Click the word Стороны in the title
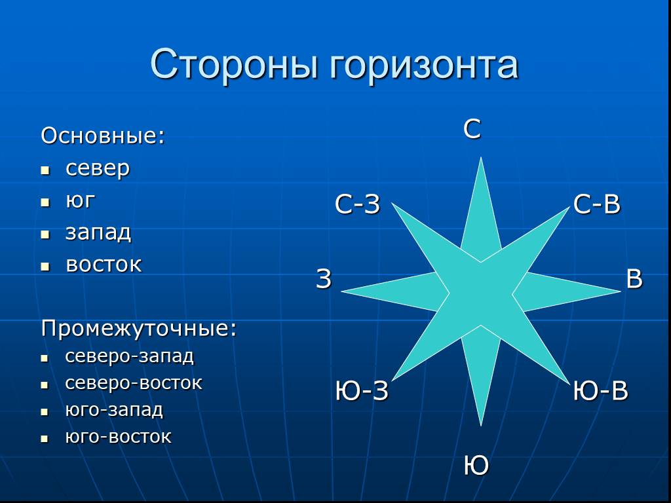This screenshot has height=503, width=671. [235, 64]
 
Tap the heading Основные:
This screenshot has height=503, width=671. [103, 136]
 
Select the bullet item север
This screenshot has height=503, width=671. [98, 169]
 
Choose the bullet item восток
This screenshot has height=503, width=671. [104, 265]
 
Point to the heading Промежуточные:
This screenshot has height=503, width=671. [139, 329]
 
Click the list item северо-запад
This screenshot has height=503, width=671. [129, 356]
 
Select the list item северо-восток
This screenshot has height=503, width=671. [134, 383]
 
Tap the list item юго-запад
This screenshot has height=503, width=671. [114, 410]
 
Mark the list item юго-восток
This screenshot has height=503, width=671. [118, 437]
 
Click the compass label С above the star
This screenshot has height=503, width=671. [472, 129]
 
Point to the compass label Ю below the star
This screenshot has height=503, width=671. [476, 466]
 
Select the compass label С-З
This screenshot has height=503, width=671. [357, 204]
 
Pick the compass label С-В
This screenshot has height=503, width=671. [596, 204]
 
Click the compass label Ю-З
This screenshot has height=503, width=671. [362, 391]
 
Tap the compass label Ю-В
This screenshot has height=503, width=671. [600, 391]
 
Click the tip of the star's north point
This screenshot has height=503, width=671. [481, 157]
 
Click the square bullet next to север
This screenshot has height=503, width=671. [45, 170]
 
